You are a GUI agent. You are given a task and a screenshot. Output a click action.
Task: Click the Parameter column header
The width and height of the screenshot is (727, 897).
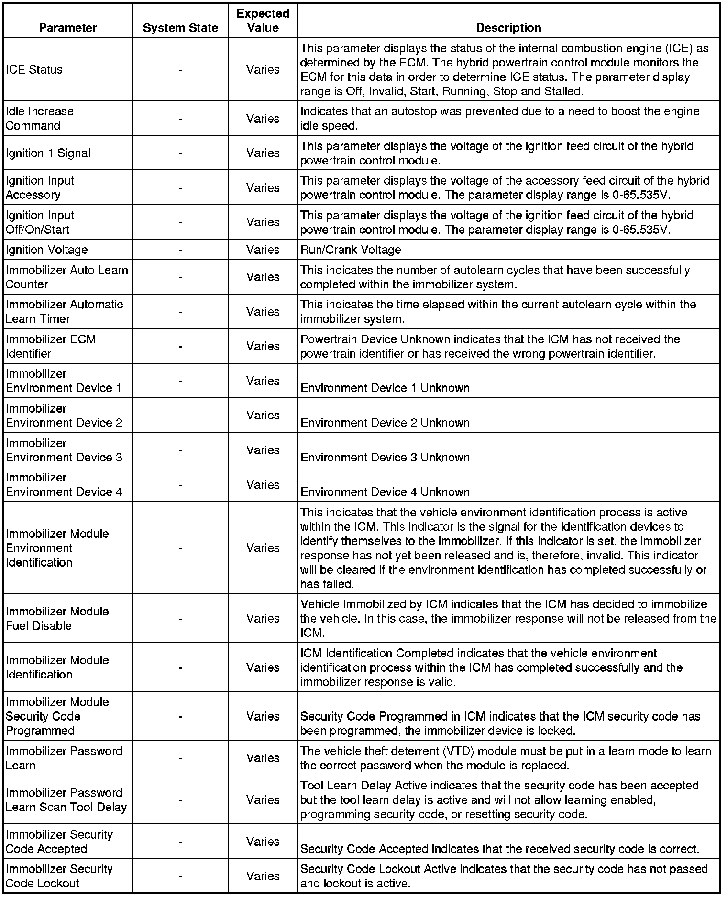point(68,28)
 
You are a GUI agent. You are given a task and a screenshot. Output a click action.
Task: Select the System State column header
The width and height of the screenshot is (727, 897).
point(180,28)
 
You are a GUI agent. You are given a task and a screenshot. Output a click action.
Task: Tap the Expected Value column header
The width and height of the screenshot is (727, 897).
point(263,21)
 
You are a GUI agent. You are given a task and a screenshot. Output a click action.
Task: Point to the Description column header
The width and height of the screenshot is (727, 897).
point(508,28)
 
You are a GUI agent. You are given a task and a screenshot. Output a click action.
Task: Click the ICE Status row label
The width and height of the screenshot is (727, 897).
point(34,70)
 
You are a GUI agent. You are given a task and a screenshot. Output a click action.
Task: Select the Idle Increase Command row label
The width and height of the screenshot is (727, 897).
point(40,119)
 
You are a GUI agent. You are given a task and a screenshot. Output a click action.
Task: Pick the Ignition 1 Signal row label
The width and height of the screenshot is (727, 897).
point(48,153)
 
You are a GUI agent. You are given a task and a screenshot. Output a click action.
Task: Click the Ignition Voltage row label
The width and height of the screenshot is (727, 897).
point(47,250)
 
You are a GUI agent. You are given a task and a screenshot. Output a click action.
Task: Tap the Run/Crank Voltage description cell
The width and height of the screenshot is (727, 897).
point(351,250)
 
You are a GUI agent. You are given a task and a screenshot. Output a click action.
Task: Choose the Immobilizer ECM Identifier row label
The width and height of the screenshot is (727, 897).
point(51,346)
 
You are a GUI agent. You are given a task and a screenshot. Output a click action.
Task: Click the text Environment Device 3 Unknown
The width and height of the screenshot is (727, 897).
point(385,458)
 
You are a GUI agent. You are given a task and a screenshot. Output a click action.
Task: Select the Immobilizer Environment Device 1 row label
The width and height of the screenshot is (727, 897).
point(64,381)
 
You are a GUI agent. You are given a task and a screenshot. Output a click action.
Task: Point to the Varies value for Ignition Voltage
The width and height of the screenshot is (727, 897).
point(263,250)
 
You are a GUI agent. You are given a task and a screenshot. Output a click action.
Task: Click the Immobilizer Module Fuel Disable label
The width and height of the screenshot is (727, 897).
point(57,619)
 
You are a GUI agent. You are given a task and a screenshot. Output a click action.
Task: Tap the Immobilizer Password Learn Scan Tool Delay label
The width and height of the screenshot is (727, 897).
point(66,800)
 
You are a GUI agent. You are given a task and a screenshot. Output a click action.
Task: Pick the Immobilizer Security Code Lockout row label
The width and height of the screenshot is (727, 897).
point(59,876)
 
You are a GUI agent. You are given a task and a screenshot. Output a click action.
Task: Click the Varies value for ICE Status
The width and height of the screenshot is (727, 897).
point(263,70)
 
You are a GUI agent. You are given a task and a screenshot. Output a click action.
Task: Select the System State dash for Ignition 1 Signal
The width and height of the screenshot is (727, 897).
point(180,153)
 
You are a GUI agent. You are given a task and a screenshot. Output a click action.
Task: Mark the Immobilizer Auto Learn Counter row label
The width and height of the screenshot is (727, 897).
point(67,277)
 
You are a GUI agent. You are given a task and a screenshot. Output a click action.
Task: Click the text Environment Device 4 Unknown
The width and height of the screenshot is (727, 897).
point(385,492)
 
